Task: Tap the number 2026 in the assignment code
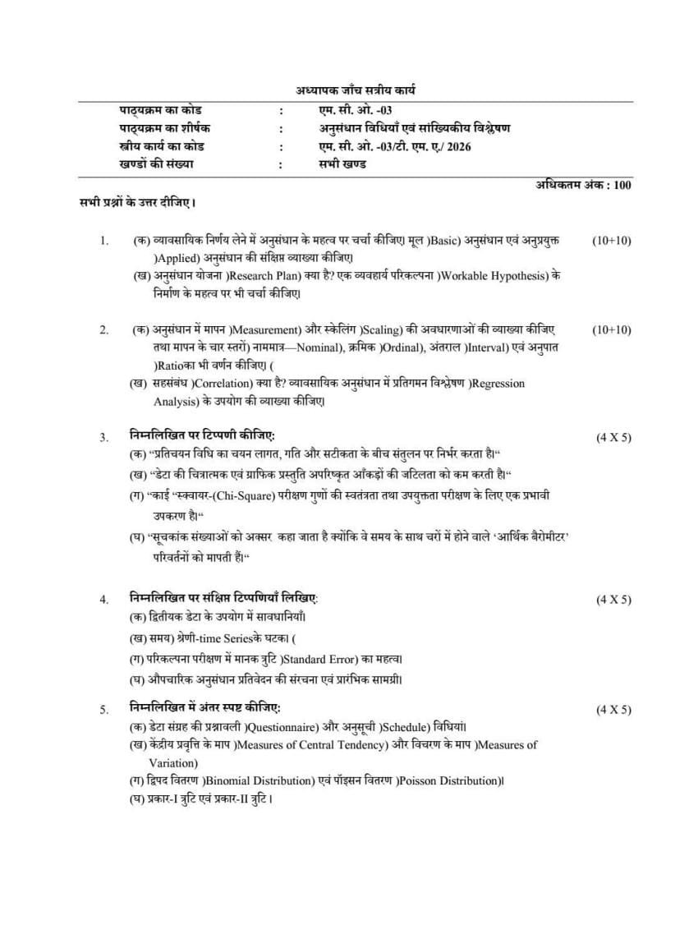point(457,146)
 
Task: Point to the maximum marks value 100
point(622,186)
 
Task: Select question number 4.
point(104,600)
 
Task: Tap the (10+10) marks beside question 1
point(612,241)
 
